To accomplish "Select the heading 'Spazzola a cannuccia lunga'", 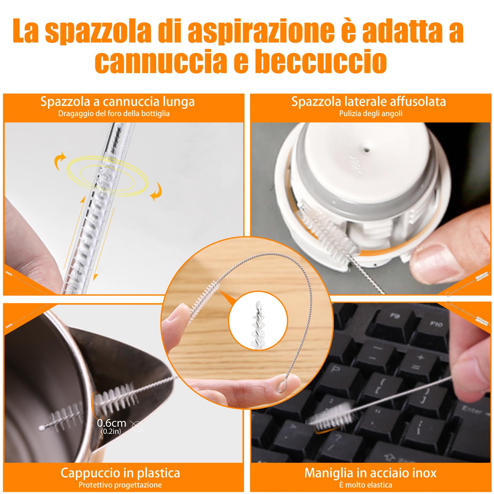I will [117, 102].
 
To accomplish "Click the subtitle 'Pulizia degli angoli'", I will [371, 114].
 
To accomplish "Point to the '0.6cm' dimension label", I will [111, 423].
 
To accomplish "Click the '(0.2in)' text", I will [111, 431].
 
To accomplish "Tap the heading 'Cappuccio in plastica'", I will [120, 473].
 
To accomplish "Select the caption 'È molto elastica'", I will [366, 485].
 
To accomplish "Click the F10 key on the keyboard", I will [436, 324].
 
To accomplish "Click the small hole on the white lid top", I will [367, 150].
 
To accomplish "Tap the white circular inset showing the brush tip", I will [258, 321].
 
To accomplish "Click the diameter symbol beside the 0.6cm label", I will [137, 426].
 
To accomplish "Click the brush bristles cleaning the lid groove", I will [323, 228].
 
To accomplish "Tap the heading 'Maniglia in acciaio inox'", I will [371, 473].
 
